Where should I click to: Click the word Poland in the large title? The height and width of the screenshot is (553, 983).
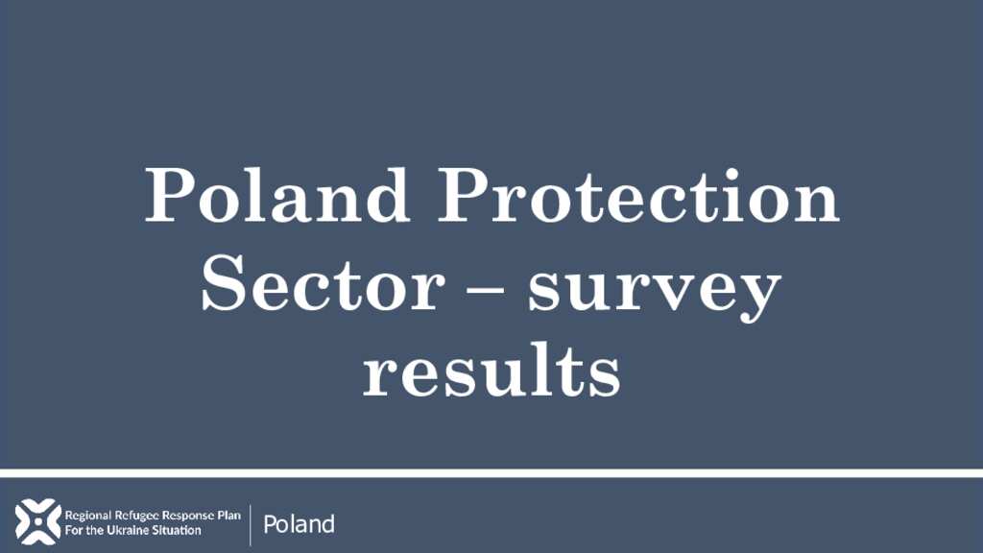click(277, 195)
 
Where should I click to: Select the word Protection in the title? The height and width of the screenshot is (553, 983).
click(638, 195)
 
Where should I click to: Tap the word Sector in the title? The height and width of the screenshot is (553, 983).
click(323, 283)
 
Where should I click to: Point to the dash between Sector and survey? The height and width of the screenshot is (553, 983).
click(486, 290)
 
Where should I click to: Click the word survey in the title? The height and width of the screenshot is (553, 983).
click(654, 292)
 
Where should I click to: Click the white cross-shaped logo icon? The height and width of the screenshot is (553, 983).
click(37, 521)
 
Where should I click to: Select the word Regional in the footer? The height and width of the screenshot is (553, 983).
click(87, 516)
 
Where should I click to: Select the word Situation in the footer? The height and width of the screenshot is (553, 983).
click(178, 530)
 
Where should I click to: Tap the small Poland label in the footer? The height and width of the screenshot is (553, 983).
click(300, 524)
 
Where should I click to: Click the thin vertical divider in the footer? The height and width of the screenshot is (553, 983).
click(251, 525)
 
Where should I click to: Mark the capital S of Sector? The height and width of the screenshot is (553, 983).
click(221, 283)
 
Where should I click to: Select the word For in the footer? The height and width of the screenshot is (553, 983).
click(72, 530)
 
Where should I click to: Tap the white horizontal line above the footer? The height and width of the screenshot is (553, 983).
click(491, 472)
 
